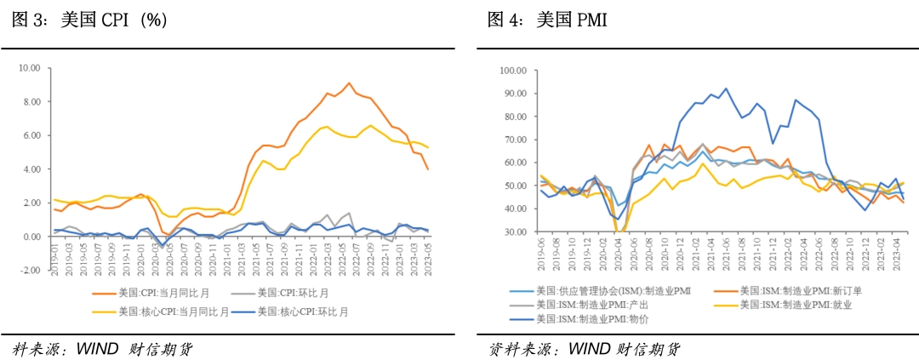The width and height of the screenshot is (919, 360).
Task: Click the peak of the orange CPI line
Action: (348, 83)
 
